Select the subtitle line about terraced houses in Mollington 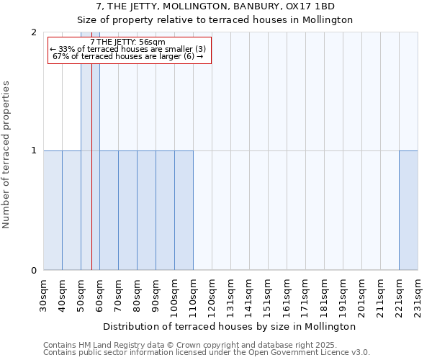click(215, 20)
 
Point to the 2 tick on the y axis click(33, 32)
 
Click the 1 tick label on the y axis click(33, 151)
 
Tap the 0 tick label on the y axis click(33, 271)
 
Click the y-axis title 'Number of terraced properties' click(7, 154)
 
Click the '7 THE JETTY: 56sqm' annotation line click(129, 41)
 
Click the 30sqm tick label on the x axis click(44, 295)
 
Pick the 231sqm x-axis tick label click(418, 295)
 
